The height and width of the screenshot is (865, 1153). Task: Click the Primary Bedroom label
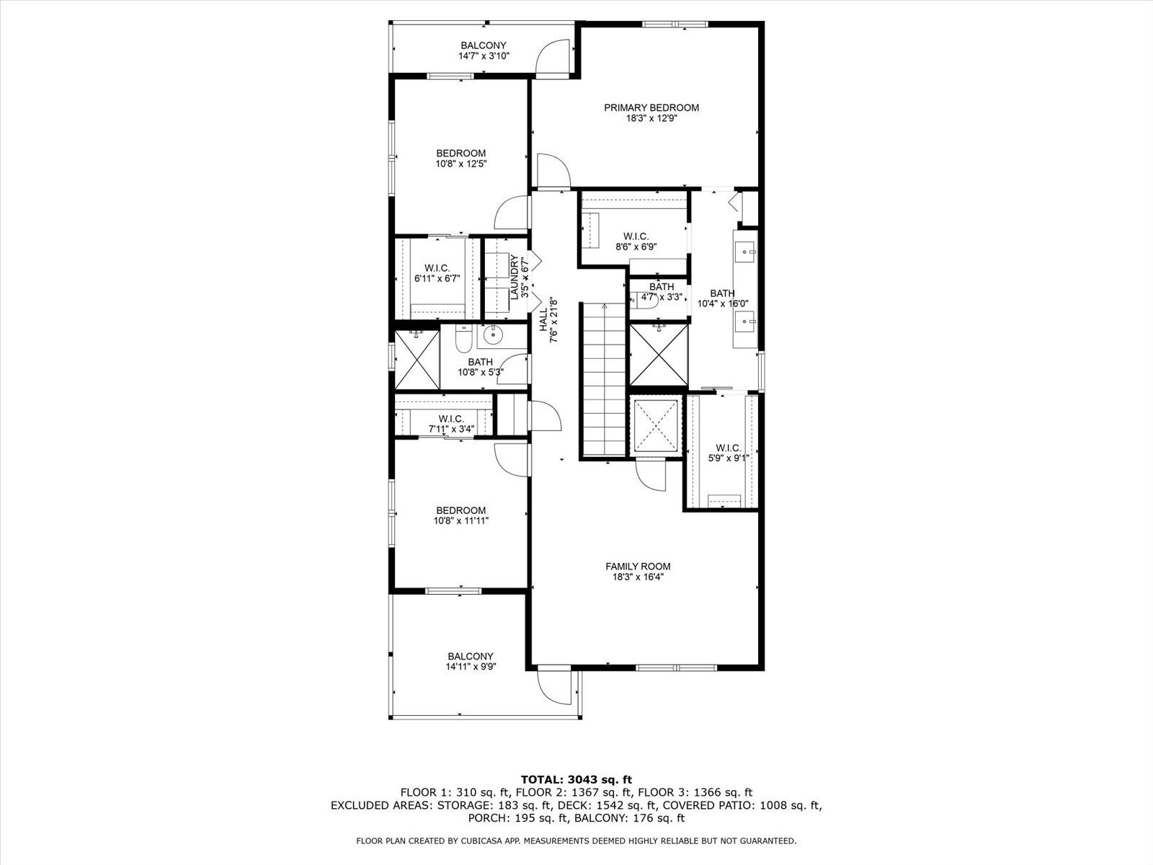coord(651,108)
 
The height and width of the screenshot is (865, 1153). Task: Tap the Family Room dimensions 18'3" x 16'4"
coord(638,577)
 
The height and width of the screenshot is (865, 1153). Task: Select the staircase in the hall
coord(604,378)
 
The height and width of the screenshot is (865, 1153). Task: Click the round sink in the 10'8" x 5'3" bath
coord(493,334)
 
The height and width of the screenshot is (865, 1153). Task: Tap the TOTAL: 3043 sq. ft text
coord(576,779)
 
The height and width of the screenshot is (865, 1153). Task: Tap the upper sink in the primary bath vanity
coord(745,252)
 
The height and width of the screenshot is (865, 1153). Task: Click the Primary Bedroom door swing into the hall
coord(551,172)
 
